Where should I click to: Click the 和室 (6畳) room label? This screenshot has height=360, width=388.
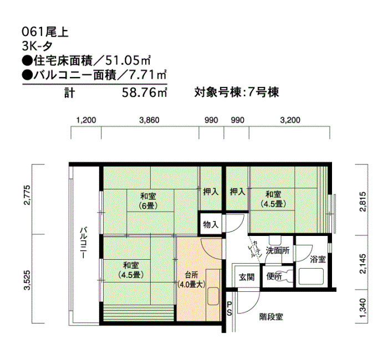tap(148, 200)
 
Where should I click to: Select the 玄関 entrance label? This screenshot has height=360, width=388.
tap(247, 277)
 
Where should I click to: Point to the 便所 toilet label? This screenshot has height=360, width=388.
tap(274, 276)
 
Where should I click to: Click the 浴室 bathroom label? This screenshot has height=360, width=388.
tap(318, 259)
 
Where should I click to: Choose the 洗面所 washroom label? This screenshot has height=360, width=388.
tap(277, 250)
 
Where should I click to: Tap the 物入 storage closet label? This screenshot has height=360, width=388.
tap(211, 224)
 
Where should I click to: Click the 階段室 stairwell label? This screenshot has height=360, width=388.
tap(271, 317)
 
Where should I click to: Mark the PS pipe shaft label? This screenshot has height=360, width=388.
tap(229, 308)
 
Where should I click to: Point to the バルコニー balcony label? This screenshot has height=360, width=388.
tap(83, 243)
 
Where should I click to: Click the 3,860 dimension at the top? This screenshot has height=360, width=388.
tap(150, 120)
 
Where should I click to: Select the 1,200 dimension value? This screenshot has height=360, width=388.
tap(86, 120)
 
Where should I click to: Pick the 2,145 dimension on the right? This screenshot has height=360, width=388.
tap(363, 264)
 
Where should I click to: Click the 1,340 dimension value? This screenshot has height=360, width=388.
tap(363, 308)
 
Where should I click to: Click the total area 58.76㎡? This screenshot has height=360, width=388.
tap(145, 92)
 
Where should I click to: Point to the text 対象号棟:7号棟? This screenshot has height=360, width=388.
tap(237, 92)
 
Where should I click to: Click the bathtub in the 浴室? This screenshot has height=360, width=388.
tap(311, 276)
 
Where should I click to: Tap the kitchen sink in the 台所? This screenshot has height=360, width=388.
tap(213, 296)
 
